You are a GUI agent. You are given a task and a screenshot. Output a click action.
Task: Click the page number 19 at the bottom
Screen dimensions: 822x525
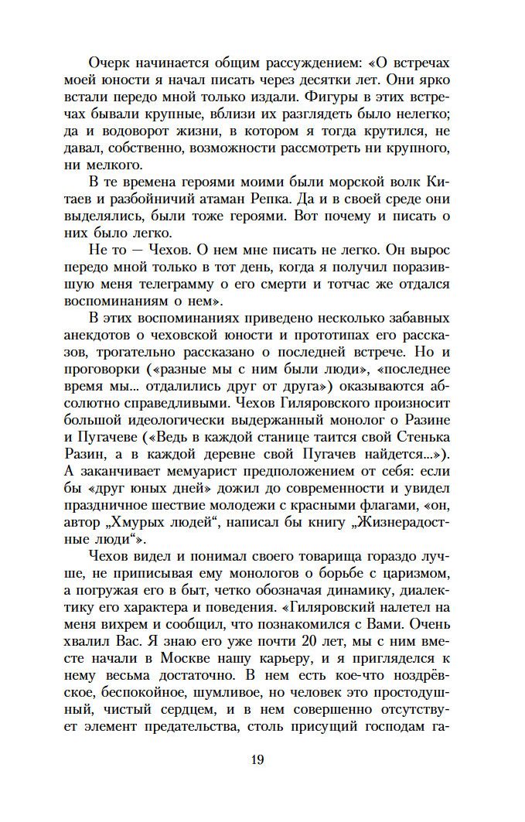[257, 759]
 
